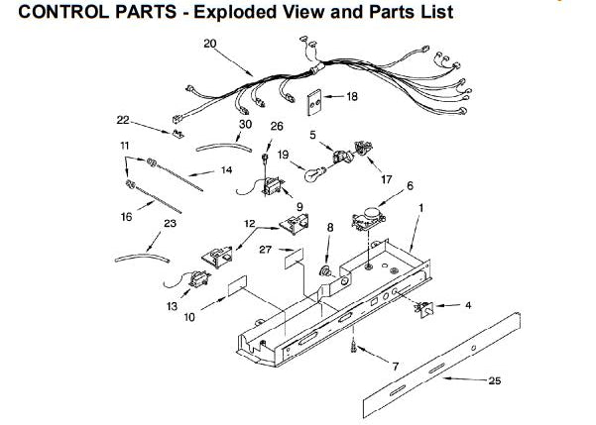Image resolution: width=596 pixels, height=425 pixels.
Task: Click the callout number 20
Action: point(209,44)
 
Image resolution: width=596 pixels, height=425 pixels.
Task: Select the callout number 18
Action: point(351,97)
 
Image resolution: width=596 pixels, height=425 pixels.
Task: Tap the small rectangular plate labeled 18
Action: point(315,100)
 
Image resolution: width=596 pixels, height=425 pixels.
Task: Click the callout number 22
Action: point(123,120)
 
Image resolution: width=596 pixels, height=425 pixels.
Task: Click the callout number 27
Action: point(265,250)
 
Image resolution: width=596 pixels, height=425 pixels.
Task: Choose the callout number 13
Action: point(172,307)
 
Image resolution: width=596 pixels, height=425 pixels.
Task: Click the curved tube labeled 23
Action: point(137,256)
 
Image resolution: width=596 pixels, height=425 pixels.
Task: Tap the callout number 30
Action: point(244,126)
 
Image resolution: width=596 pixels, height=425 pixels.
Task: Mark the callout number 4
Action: point(468,305)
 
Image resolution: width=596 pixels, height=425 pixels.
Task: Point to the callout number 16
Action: point(126,217)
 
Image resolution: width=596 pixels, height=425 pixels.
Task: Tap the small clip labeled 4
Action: point(424,308)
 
